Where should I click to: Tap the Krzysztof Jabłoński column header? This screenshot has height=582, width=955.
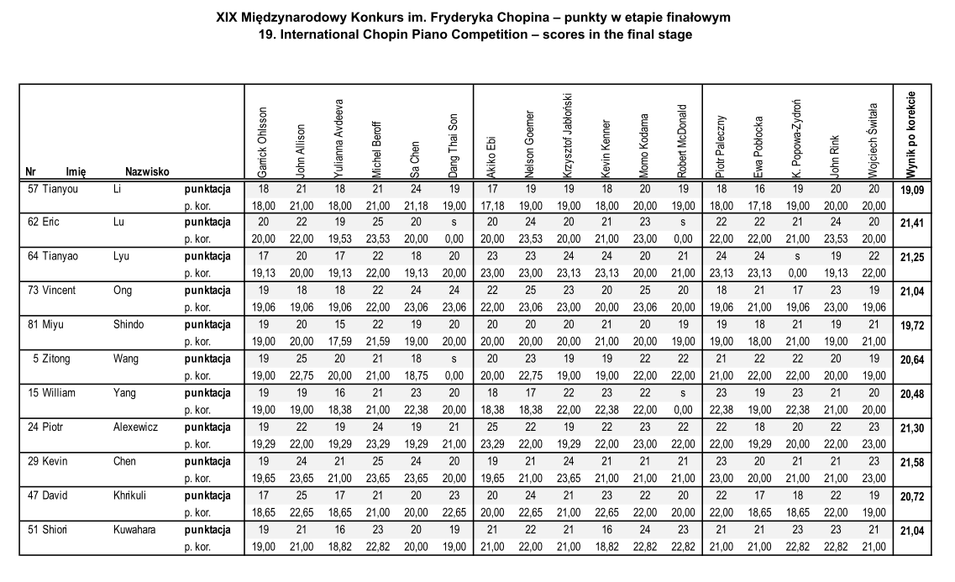(567, 134)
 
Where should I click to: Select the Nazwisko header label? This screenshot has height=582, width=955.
(148, 171)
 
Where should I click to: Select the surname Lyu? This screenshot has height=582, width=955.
(121, 255)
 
